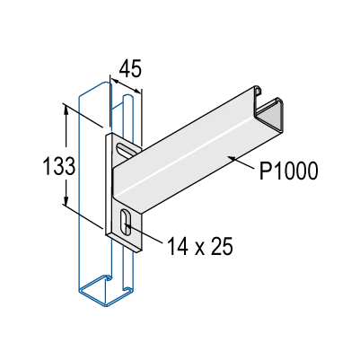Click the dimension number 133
click(59, 165)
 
